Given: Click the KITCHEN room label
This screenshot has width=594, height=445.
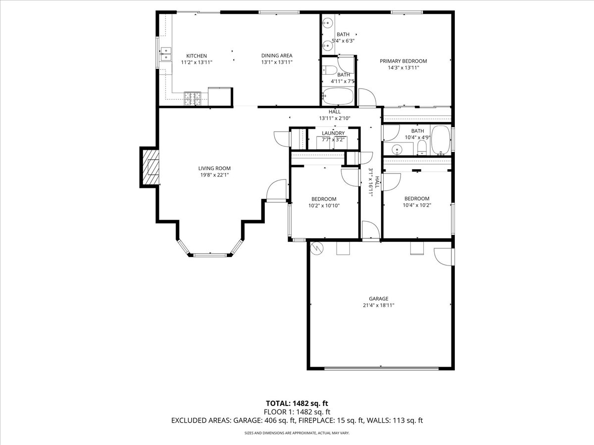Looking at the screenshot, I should [196, 56].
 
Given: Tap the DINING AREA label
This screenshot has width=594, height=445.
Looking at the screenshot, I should [277, 56].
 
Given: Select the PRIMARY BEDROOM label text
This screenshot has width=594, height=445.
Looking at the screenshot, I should [403, 61].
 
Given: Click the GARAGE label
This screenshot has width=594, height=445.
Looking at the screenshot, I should [378, 299].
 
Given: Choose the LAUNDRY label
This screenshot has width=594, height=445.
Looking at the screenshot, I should [333, 133].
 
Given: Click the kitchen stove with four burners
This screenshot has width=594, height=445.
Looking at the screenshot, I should [193, 99].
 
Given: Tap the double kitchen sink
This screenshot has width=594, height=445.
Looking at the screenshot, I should [165, 54].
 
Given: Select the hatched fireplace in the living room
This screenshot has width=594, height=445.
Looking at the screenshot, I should [151, 167].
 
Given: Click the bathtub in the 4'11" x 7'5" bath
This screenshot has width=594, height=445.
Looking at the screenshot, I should [338, 96].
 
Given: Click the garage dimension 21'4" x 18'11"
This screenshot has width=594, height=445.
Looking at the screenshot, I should [378, 305].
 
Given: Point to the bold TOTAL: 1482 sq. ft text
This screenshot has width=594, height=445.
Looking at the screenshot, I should [297, 402].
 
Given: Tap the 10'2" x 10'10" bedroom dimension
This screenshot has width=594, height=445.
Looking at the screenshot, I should [324, 205].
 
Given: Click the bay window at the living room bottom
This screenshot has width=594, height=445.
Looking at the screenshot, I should [211, 255].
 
